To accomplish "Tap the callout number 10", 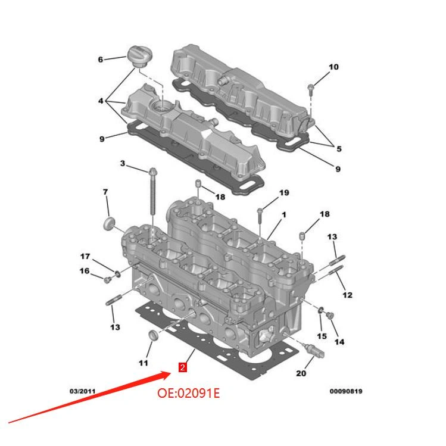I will (x=333, y=67).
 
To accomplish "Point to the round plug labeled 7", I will (x=108, y=224).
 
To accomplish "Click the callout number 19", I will (x=283, y=192).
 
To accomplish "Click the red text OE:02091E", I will (x=188, y=393).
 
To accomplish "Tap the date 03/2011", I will (x=83, y=391).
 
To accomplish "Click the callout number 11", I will (x=144, y=363).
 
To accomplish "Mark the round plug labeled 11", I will (x=153, y=336).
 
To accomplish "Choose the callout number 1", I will (x=284, y=214).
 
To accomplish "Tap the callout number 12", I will (x=347, y=294).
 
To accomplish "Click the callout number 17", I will (x=85, y=257).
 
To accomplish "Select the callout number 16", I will (x=85, y=271).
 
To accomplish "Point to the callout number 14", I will (x=339, y=342).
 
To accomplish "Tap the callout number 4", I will (x=101, y=101).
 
